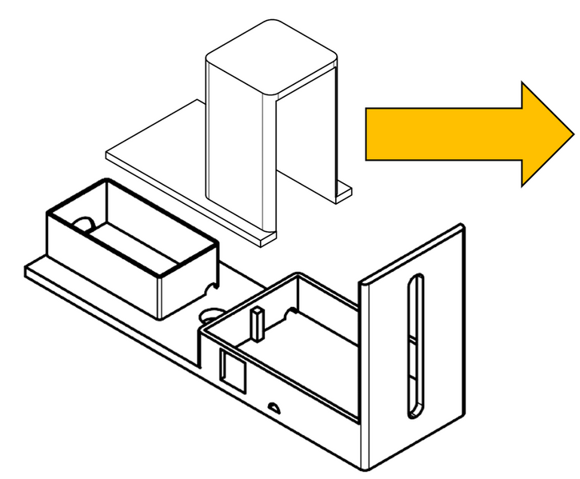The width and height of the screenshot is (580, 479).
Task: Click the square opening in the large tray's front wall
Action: (232, 368)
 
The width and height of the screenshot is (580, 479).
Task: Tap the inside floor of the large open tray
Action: (304, 352)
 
